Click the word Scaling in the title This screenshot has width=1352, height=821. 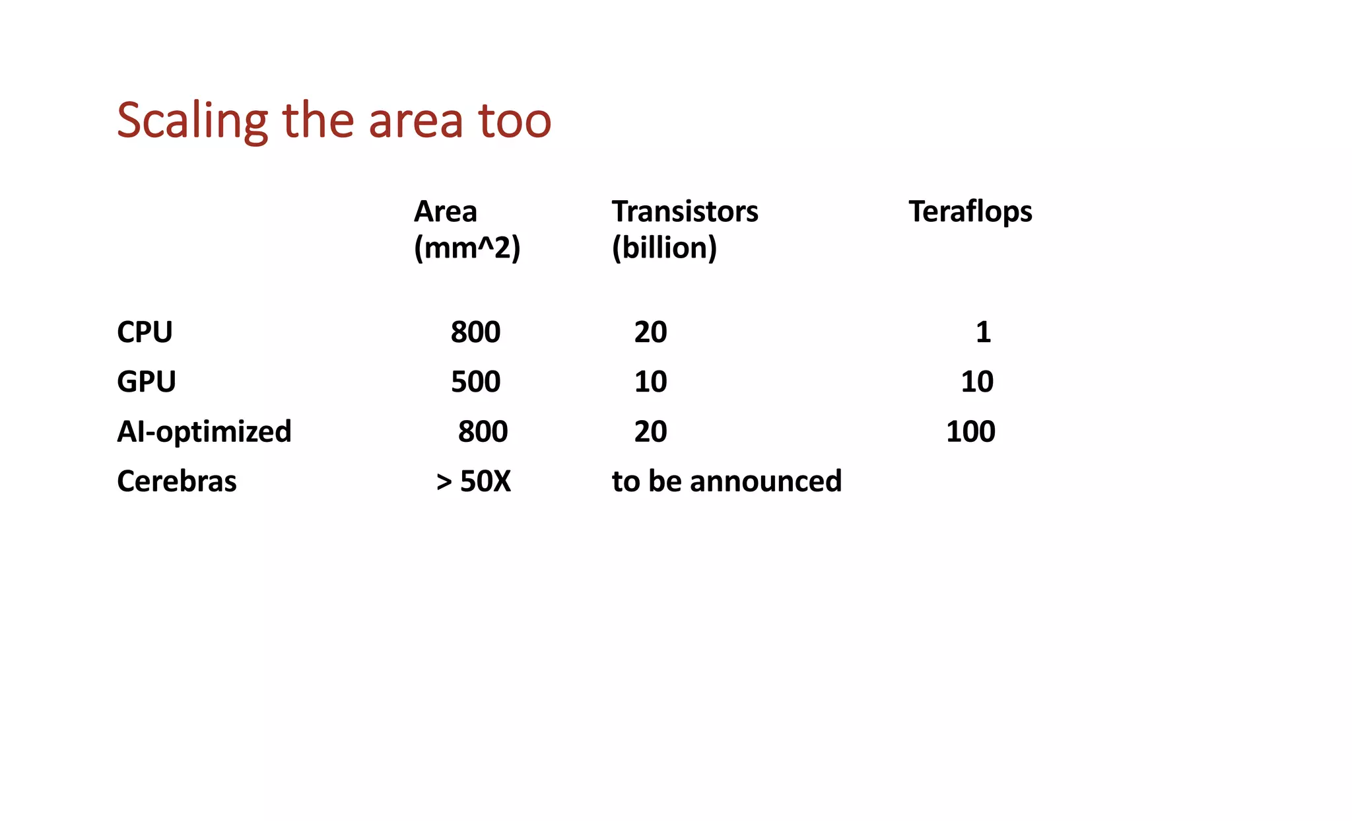(192, 121)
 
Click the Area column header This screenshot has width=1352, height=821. (446, 212)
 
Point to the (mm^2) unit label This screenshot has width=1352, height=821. (467, 248)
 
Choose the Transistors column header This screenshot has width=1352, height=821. (685, 212)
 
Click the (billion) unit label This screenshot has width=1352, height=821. (664, 248)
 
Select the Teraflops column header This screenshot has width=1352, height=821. (970, 212)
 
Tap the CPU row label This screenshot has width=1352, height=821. (145, 332)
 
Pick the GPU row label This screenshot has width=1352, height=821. (147, 382)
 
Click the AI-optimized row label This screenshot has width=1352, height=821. (204, 431)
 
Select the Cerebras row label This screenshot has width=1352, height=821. (176, 481)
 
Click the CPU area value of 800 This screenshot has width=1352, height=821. (475, 332)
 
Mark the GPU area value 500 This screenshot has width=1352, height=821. (475, 382)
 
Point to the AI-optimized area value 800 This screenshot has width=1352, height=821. (483, 431)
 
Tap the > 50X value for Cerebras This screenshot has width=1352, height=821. (473, 481)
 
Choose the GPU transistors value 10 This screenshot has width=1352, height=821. (650, 382)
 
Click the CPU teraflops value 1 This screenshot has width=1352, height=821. (983, 332)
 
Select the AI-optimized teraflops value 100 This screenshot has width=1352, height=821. (970, 431)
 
